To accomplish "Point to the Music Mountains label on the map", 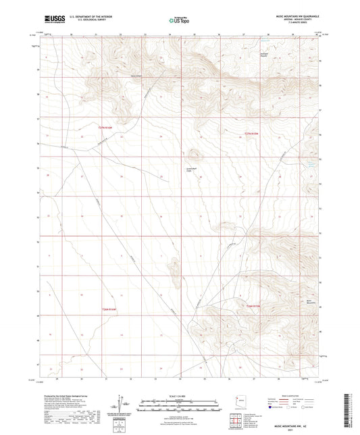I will (x=310, y=303).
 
